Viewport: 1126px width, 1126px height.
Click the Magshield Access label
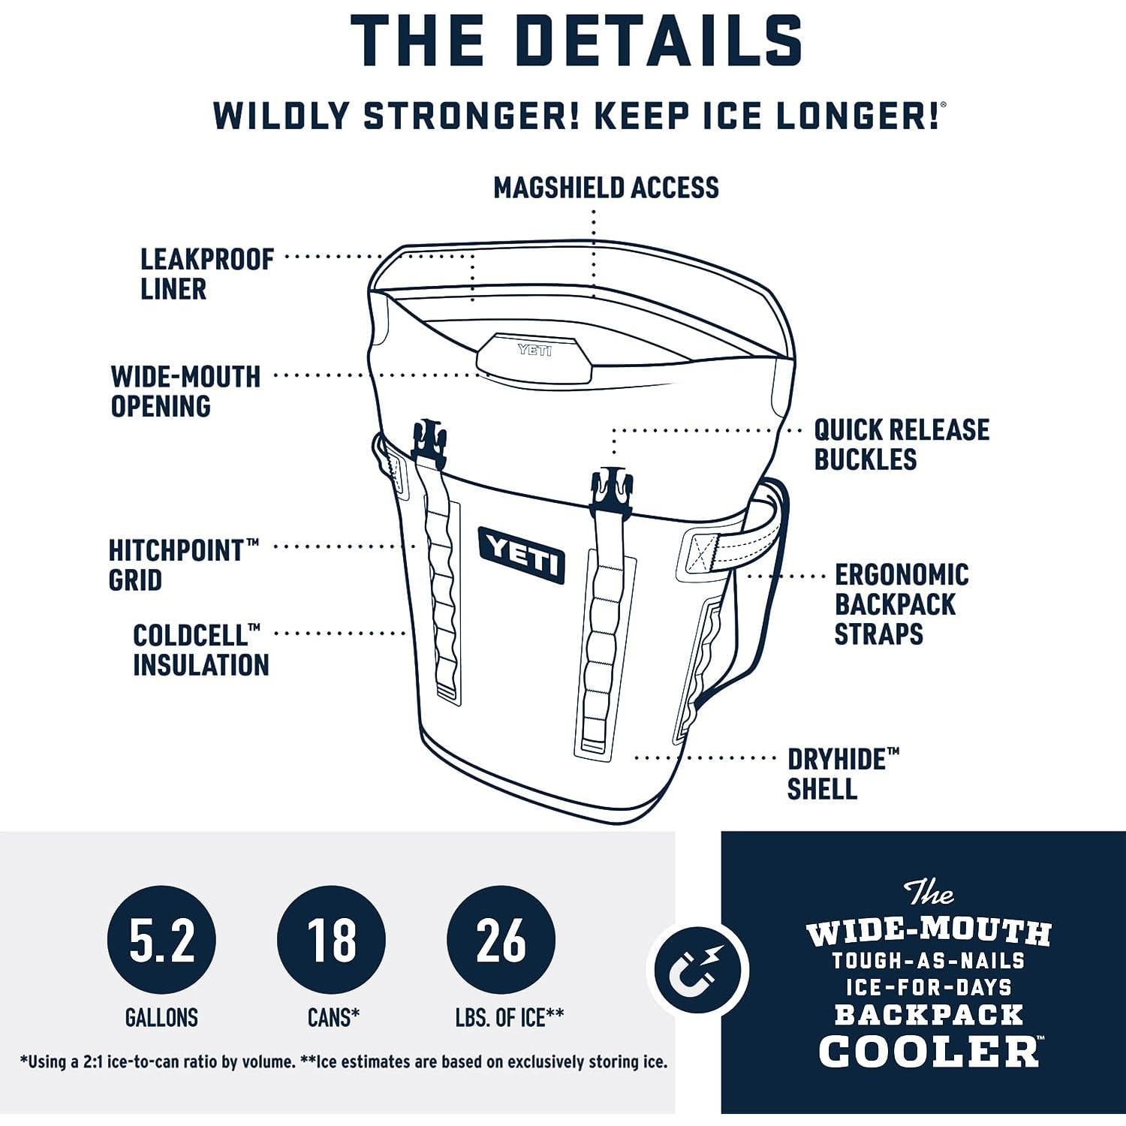[x=606, y=188]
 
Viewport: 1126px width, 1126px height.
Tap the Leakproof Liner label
[x=207, y=274]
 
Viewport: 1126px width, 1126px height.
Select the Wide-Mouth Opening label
[x=185, y=391]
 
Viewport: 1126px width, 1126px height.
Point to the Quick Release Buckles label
[x=902, y=444]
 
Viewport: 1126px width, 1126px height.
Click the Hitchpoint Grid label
[x=184, y=565]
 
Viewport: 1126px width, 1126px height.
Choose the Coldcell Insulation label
[x=201, y=650]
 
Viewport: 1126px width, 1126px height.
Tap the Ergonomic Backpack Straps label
[x=902, y=604]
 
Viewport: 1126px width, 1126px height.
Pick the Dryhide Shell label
[x=843, y=774]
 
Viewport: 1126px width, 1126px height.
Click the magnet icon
[x=698, y=968]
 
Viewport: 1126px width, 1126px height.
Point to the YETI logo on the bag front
[x=522, y=554]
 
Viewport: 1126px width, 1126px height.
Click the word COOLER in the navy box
[x=929, y=1049]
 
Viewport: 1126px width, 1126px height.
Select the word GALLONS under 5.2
[x=161, y=1018]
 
